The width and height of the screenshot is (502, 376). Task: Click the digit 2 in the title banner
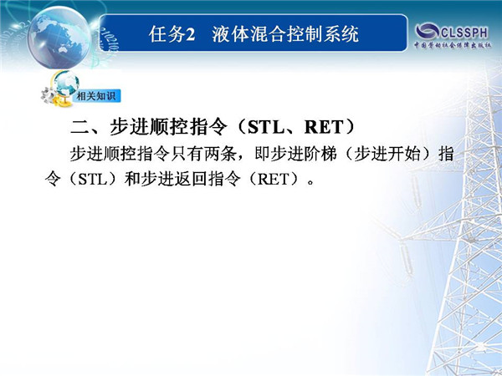click(191, 34)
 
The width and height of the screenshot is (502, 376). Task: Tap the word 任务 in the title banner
click(167, 34)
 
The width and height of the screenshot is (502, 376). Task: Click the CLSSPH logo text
click(464, 33)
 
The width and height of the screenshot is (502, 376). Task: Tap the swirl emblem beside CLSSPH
click(428, 32)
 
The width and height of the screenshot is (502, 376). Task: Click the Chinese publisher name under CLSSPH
click(453, 45)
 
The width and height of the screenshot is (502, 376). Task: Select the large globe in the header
click(59, 38)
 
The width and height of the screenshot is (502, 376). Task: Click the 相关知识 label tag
click(96, 96)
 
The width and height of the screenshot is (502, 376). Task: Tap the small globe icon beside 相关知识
click(66, 84)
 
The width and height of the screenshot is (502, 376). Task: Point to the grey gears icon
click(49, 95)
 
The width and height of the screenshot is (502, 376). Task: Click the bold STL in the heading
click(266, 127)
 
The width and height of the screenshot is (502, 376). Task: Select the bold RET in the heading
click(324, 127)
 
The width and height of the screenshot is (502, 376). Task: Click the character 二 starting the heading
click(79, 127)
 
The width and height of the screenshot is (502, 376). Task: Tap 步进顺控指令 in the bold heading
click(168, 127)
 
